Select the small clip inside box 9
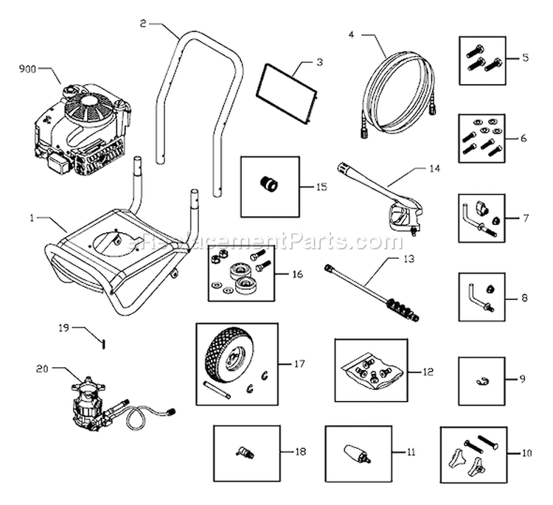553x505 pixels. [481, 380]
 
